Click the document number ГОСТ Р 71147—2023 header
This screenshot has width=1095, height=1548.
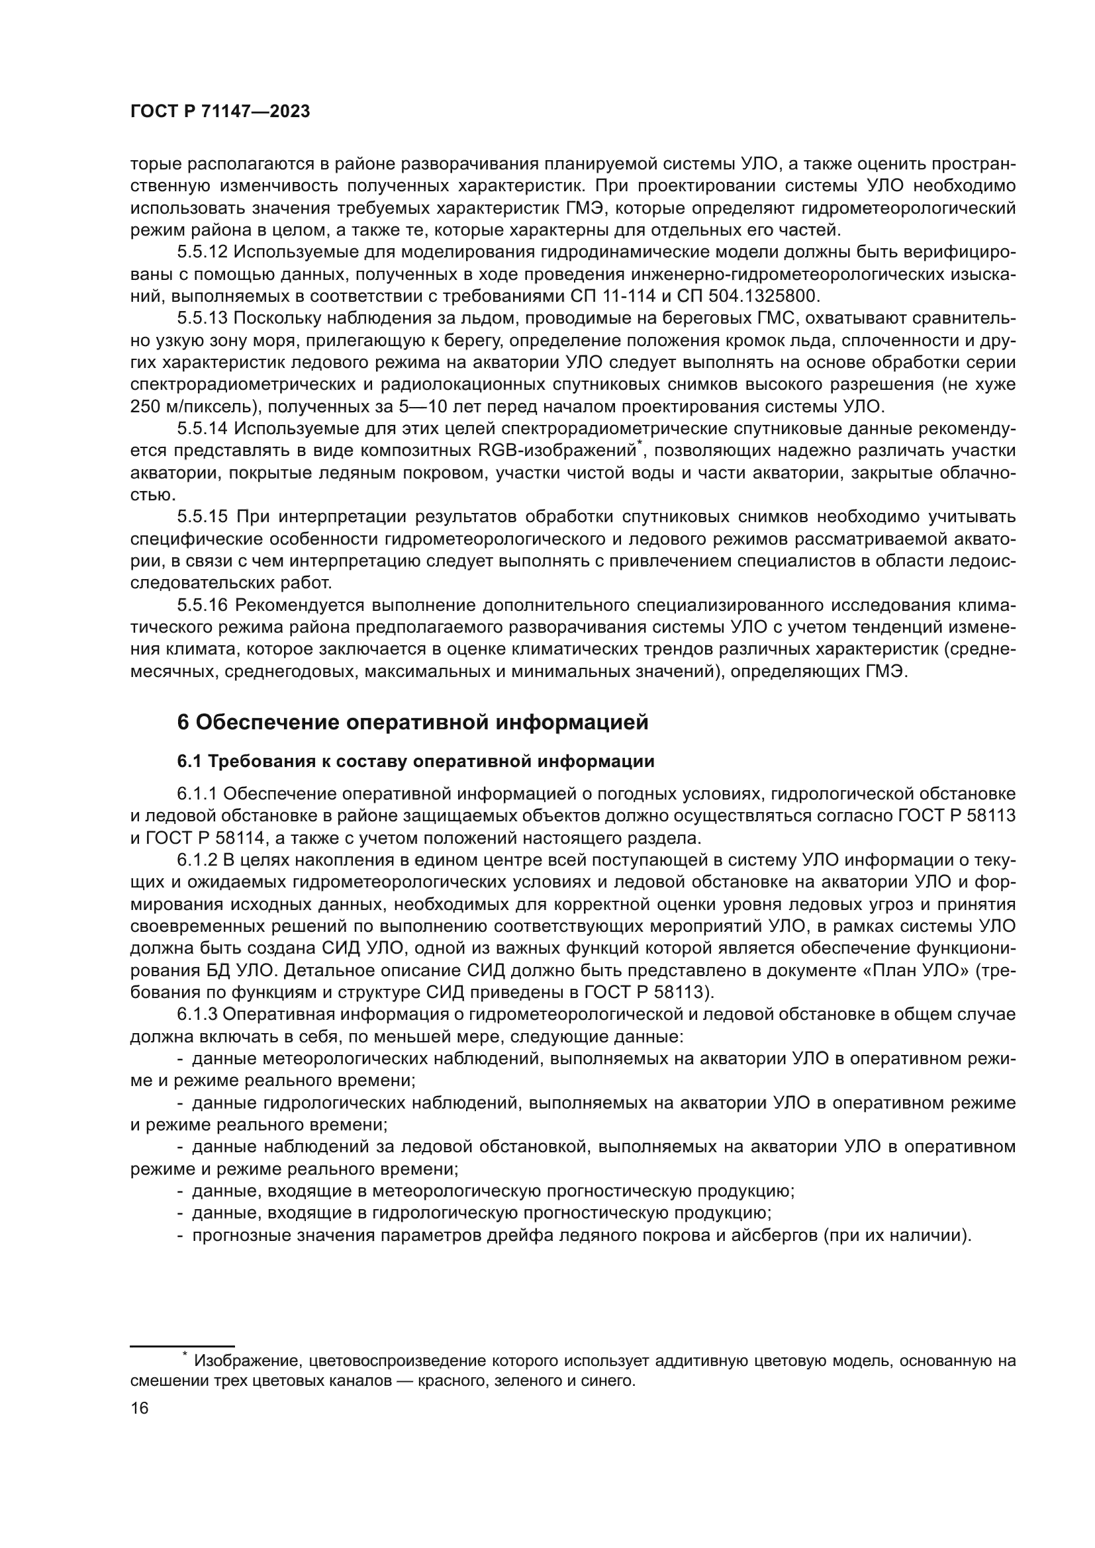(220, 112)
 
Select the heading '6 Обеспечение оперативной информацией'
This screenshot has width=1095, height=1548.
(412, 722)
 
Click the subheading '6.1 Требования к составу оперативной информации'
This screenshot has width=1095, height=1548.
(415, 762)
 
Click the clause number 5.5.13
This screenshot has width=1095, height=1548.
(203, 318)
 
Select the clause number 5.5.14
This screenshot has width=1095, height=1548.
(203, 428)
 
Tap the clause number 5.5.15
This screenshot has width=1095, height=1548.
(203, 516)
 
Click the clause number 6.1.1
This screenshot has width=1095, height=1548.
(197, 794)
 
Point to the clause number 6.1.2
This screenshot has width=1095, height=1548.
(197, 860)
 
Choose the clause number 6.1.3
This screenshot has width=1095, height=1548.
(197, 1014)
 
